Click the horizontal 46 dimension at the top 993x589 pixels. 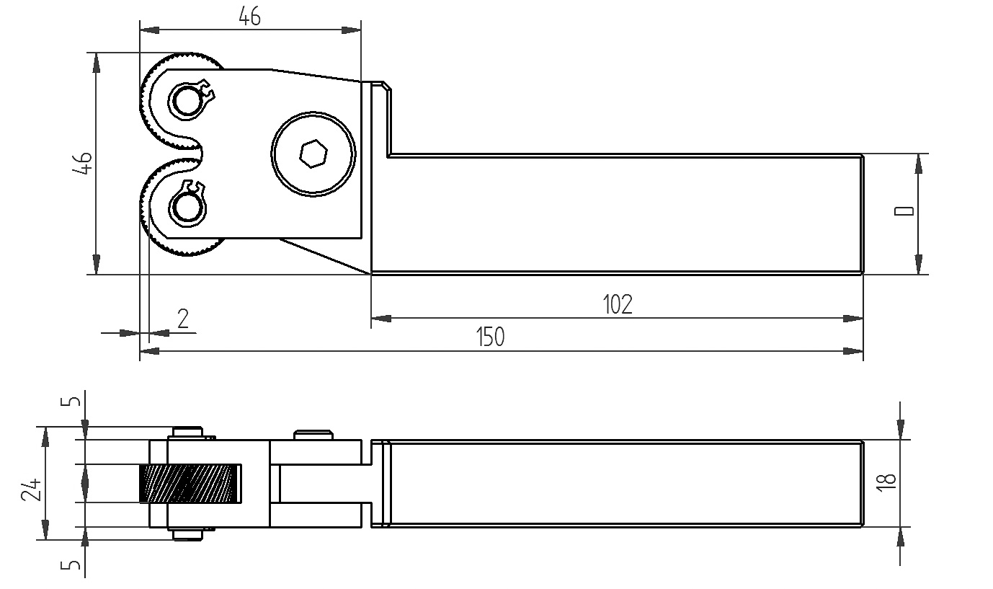249,17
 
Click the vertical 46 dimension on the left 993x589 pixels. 84,163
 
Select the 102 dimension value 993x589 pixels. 617,304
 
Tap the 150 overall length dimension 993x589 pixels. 491,337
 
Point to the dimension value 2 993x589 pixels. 183,318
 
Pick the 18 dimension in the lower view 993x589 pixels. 887,482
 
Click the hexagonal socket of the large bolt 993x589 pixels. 313,154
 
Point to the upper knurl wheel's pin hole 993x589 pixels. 187,100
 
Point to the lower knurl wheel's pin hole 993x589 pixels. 186,209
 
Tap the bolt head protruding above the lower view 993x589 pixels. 313,435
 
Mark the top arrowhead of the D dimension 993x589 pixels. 918,164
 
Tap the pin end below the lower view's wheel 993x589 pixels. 187,535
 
